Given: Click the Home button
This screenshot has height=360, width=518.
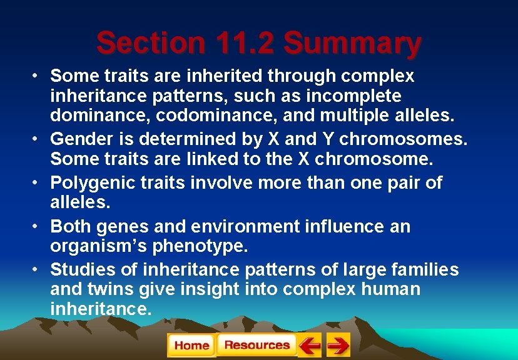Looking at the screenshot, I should [191, 345].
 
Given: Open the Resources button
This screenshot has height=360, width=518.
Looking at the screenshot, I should [256, 345].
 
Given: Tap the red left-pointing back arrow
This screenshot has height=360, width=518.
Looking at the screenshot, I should [309, 345].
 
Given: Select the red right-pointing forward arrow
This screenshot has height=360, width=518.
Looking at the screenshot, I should [338, 345].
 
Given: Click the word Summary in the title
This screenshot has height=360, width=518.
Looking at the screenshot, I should [352, 43].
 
